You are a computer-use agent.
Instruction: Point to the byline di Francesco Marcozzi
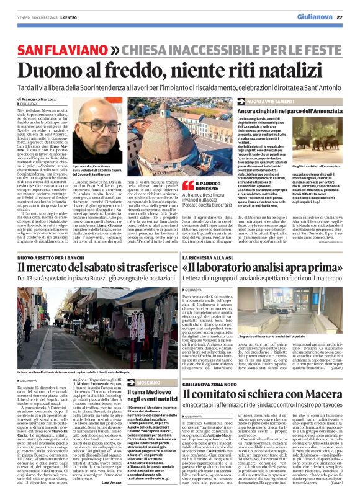[x=38, y=99]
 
